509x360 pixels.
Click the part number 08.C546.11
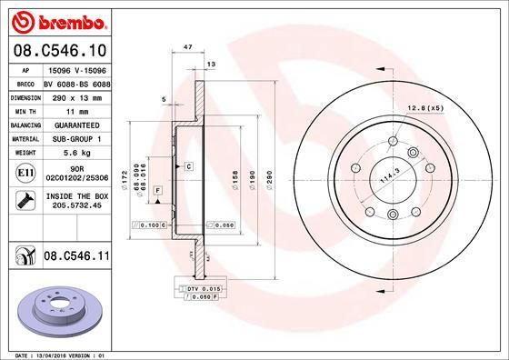pyautogui.click(x=76, y=257)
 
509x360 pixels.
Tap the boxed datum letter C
pyautogui.click(x=188, y=167)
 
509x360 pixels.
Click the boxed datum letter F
pyautogui.click(x=157, y=188)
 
